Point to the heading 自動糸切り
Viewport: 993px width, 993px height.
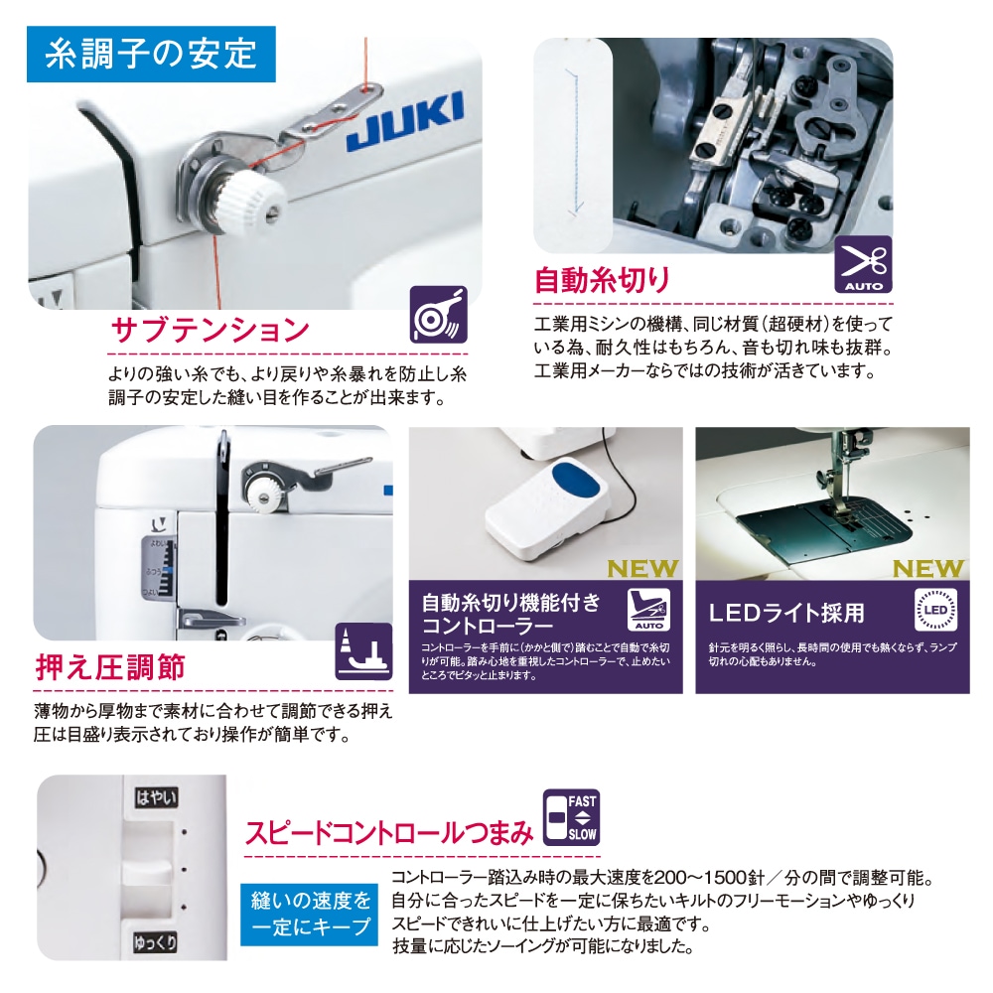pos(602,280)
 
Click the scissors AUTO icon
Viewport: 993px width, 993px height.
pos(863,264)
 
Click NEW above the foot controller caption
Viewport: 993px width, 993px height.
pos(641,569)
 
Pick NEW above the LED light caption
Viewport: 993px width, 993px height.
pos(927,569)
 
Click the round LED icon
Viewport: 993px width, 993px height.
pos(933,608)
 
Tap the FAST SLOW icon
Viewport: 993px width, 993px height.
pos(571,817)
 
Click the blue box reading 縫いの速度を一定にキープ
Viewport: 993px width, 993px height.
pos(311,914)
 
